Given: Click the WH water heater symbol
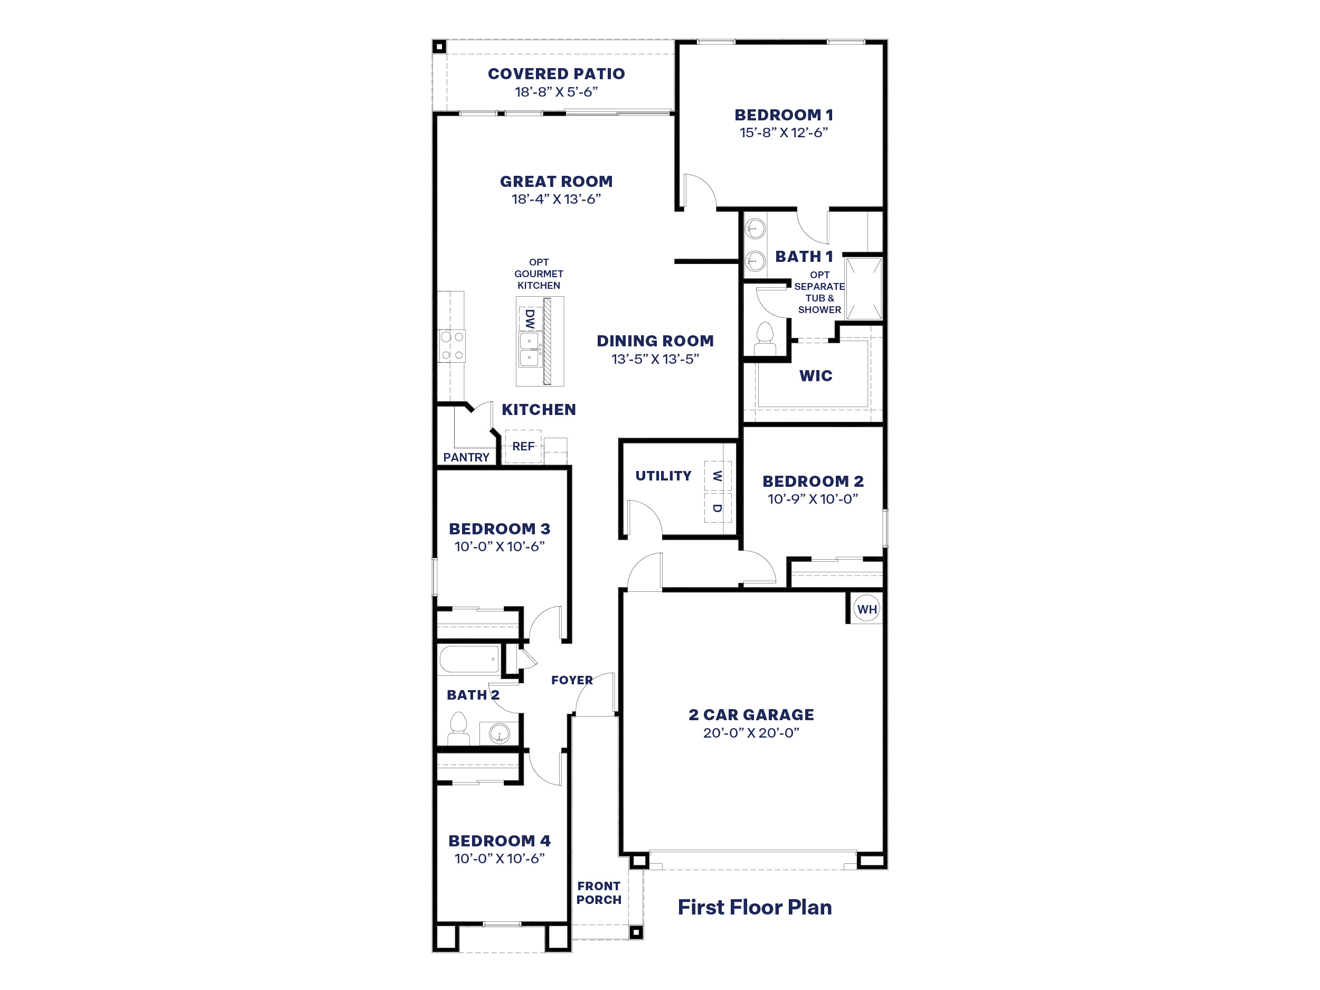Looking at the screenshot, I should click(866, 609).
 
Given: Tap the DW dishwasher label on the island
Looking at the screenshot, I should click(529, 319).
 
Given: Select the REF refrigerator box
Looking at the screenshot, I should click(523, 446).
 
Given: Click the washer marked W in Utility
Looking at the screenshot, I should click(717, 476).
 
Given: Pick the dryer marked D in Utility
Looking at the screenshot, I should click(717, 508).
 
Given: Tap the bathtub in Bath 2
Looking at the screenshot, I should click(469, 659).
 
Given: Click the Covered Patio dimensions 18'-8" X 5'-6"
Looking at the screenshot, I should click(556, 92).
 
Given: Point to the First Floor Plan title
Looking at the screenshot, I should click(755, 907).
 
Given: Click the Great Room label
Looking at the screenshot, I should click(556, 182).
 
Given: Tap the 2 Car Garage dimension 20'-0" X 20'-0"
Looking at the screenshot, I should click(751, 733).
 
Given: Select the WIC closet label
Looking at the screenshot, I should click(816, 376).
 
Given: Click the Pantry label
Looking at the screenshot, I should click(466, 457).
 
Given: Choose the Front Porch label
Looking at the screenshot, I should click(599, 893).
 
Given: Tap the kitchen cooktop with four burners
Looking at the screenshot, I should click(452, 346).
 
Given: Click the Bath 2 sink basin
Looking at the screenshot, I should click(499, 733).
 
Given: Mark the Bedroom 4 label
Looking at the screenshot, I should click(499, 841).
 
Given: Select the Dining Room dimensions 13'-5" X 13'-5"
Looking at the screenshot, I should click(655, 359).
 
